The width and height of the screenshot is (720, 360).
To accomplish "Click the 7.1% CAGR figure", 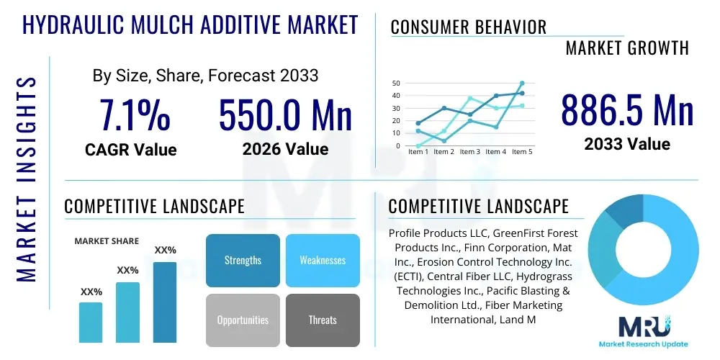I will [x=135, y=115].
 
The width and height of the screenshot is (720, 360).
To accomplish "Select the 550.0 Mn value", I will [x=285, y=115].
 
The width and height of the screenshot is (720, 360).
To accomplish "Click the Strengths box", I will [x=243, y=260].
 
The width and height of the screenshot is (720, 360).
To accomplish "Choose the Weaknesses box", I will [x=322, y=260].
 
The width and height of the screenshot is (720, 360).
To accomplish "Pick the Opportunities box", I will [x=243, y=320].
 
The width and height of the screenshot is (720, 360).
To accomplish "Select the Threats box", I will [x=322, y=320].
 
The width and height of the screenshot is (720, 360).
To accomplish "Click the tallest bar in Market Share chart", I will [x=165, y=302].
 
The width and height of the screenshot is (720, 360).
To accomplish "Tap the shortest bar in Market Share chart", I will [x=91, y=322].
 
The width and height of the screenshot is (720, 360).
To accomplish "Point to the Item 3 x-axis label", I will [x=469, y=152].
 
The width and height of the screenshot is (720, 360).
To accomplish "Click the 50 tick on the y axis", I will [x=396, y=84].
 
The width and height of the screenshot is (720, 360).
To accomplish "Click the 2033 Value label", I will [x=627, y=144].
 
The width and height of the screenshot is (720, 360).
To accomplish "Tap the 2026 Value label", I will [x=285, y=149].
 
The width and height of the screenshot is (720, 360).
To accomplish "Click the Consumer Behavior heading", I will [x=468, y=27].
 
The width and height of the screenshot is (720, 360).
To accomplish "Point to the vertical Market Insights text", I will [x=27, y=176].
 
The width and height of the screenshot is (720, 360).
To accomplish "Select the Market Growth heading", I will [x=626, y=48].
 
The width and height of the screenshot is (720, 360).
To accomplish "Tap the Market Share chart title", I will [x=107, y=241].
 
